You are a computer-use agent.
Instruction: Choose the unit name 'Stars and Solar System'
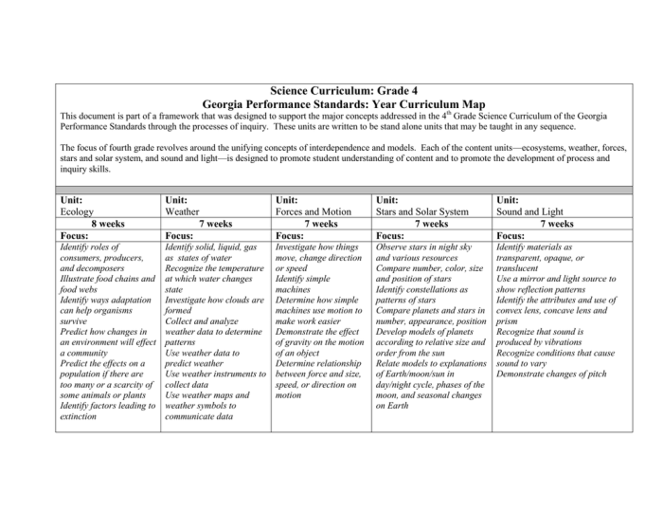pyautogui.click(x=421, y=212)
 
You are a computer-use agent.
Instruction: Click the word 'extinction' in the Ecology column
pyautogui.click(x=83, y=416)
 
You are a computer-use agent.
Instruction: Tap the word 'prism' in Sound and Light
pyautogui.click(x=509, y=320)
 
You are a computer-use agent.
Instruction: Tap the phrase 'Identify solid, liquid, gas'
pyautogui.click(x=210, y=247)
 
